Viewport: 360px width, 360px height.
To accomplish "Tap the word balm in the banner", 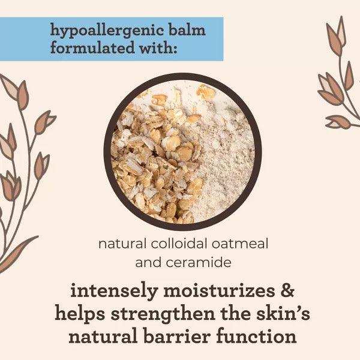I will click(182, 30).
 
